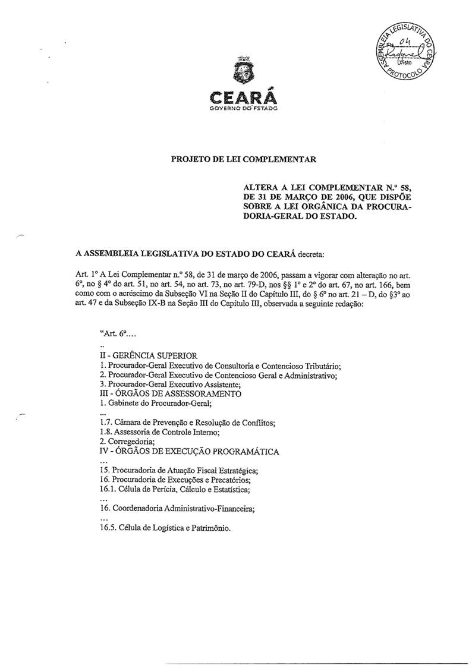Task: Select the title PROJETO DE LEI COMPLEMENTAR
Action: point(244,159)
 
